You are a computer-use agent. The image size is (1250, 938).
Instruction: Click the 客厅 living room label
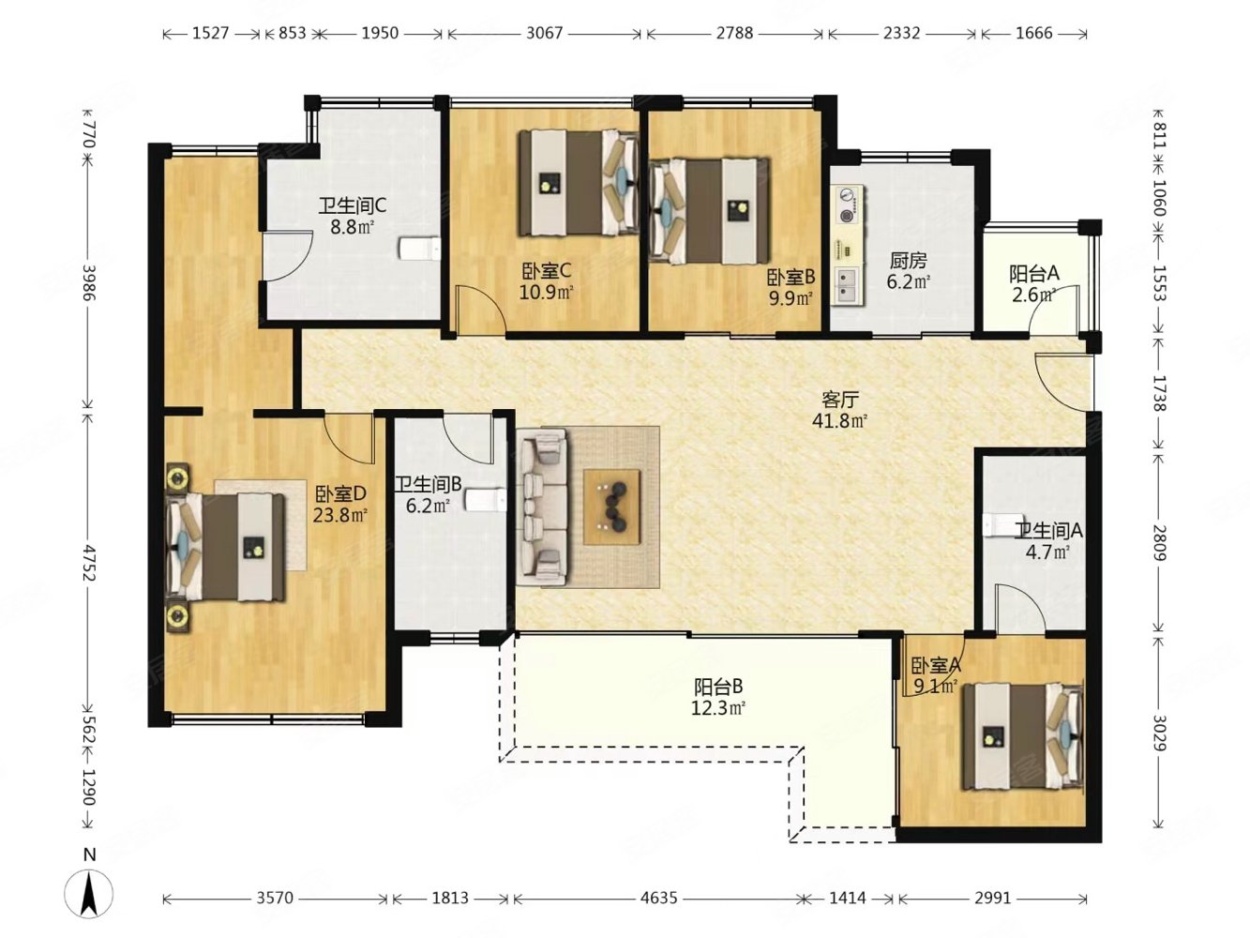click(840, 400)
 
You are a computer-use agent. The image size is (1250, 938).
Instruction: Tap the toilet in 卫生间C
click(420, 249)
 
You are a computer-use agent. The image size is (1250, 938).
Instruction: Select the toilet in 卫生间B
click(485, 500)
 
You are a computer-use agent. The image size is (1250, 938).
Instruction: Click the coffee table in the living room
click(611, 507)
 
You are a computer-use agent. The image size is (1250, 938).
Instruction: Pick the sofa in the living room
click(543, 507)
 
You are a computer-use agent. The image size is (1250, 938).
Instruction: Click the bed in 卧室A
click(1022, 737)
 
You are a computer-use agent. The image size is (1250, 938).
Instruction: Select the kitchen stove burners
click(848, 205)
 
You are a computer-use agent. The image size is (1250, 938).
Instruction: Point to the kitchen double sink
click(847, 286)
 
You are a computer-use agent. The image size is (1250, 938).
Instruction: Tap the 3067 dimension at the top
click(544, 33)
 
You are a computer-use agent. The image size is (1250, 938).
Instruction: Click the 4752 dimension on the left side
click(88, 563)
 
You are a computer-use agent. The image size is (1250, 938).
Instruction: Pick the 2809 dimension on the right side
click(1159, 543)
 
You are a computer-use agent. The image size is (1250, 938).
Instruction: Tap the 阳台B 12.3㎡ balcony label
click(718, 697)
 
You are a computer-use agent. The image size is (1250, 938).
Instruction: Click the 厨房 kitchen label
click(909, 261)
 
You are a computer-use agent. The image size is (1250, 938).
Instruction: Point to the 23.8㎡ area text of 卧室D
click(340, 515)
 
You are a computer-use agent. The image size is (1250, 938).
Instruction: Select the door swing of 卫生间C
click(288, 256)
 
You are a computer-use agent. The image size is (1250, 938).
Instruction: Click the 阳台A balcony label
click(1033, 274)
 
